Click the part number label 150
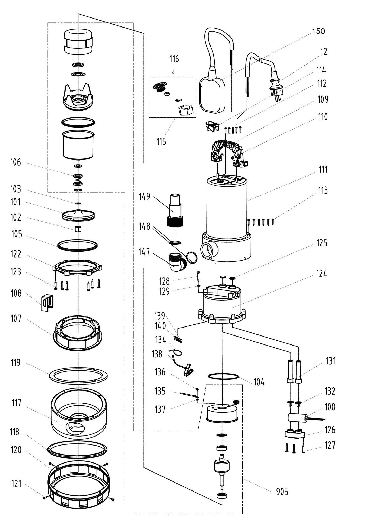click(318, 31)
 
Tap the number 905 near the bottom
click(282, 492)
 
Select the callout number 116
click(174, 59)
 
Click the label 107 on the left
click(16, 319)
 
